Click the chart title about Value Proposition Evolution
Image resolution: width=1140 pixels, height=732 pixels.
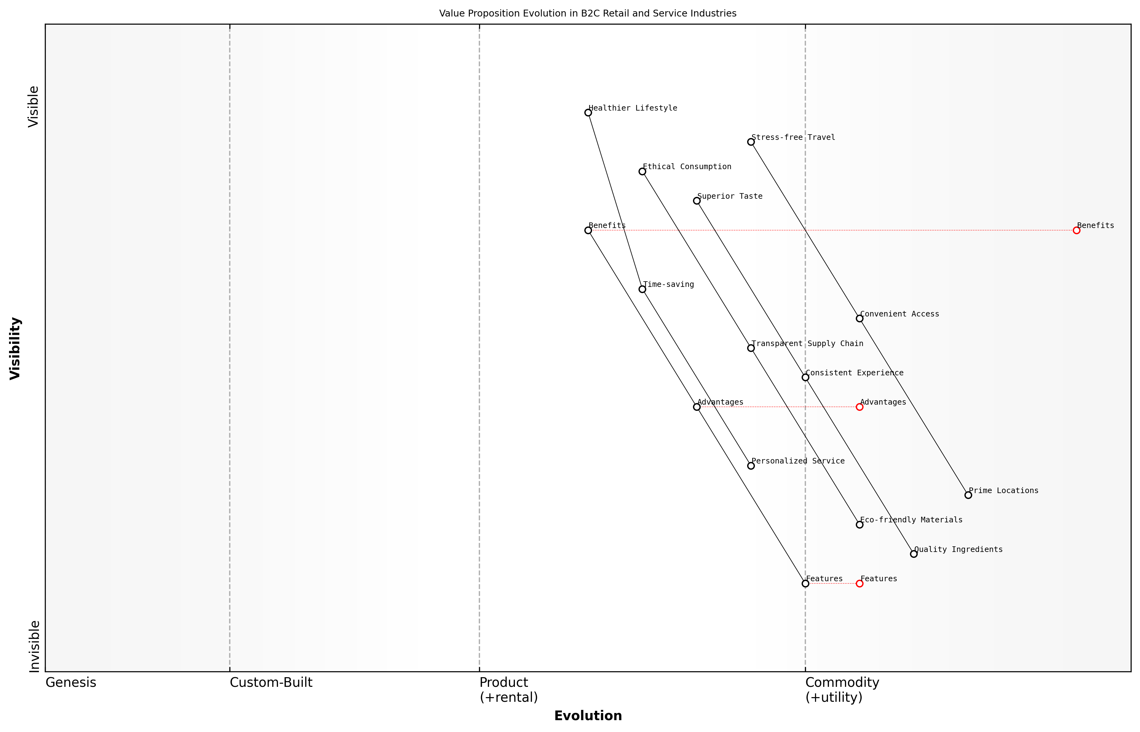pyautogui.click(x=587, y=13)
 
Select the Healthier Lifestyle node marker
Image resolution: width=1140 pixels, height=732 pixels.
pyautogui.click(x=588, y=113)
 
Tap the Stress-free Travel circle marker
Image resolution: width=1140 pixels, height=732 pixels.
pyautogui.click(x=751, y=142)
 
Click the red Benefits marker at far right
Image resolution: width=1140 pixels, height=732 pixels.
pyautogui.click(x=1076, y=231)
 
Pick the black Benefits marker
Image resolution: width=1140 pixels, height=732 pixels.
pyautogui.click(x=588, y=231)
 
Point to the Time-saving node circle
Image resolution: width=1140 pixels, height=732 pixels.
pyautogui.click(x=642, y=289)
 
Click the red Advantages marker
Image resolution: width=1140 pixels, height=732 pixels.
pyautogui.click(x=859, y=407)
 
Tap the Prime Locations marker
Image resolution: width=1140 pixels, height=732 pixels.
pyautogui.click(x=968, y=495)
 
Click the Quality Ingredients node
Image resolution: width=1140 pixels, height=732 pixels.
pyautogui.click(x=913, y=554)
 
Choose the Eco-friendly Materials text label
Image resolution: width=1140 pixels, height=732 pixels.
pyautogui.click(x=911, y=520)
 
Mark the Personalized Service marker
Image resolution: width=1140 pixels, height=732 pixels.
pyautogui.click(x=751, y=466)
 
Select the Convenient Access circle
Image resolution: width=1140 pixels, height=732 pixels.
pyautogui.click(x=859, y=318)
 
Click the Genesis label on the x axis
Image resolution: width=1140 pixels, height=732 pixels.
pyautogui.click(x=71, y=682)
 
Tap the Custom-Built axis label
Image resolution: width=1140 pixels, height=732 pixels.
pyautogui.click(x=271, y=682)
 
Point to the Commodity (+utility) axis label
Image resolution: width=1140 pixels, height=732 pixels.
pyautogui.click(x=842, y=690)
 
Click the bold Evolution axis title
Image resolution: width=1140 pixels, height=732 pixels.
pyautogui.click(x=587, y=716)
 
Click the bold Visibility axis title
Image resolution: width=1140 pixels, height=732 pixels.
pyautogui.click(x=15, y=349)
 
